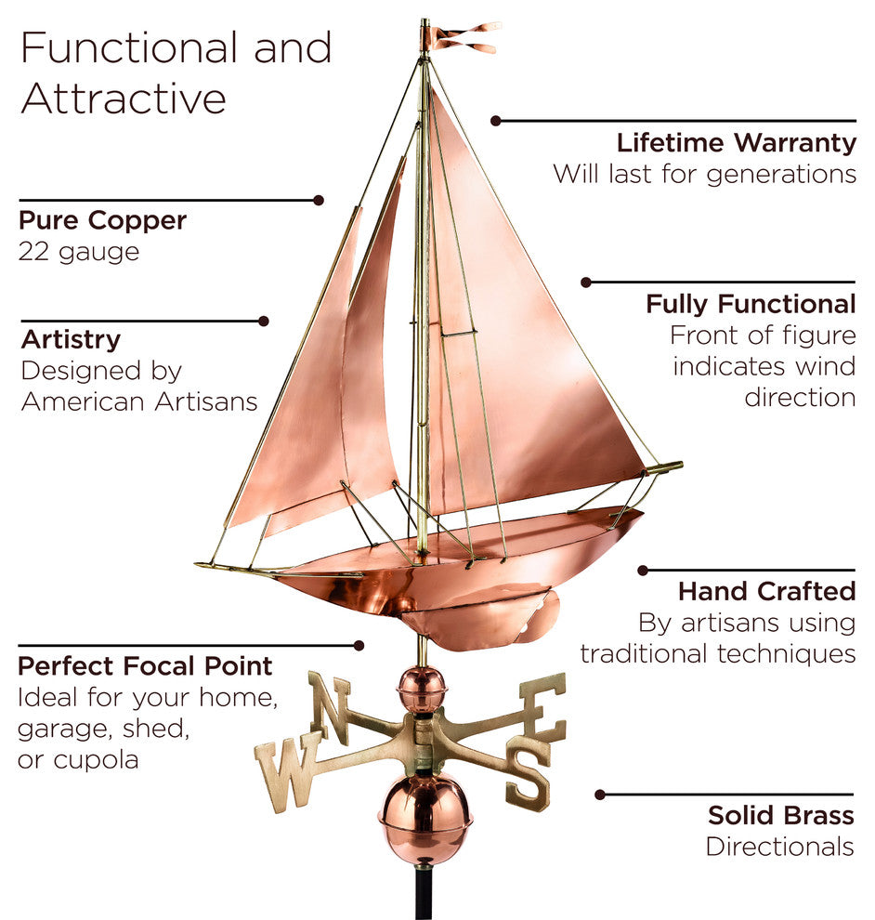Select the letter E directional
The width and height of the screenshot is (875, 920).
[543, 706]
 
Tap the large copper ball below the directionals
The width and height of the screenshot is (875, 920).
[424, 818]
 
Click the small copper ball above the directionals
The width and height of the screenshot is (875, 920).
[422, 689]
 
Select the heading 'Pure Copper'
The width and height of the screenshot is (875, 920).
[103, 221]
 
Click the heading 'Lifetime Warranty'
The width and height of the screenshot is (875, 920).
[736, 143]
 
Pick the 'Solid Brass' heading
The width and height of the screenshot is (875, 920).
[780, 816]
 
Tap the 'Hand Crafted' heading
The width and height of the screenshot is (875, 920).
[766, 591]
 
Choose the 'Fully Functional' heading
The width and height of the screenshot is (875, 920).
[751, 304]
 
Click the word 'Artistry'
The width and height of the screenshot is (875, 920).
[71, 339]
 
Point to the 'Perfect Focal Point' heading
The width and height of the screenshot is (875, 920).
[145, 666]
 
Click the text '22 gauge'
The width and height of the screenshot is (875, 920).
[79, 252]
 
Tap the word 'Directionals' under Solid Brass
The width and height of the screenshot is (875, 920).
[779, 847]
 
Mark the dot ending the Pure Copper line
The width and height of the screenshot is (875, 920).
[319, 200]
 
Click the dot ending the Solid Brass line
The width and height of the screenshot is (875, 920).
[600, 795]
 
